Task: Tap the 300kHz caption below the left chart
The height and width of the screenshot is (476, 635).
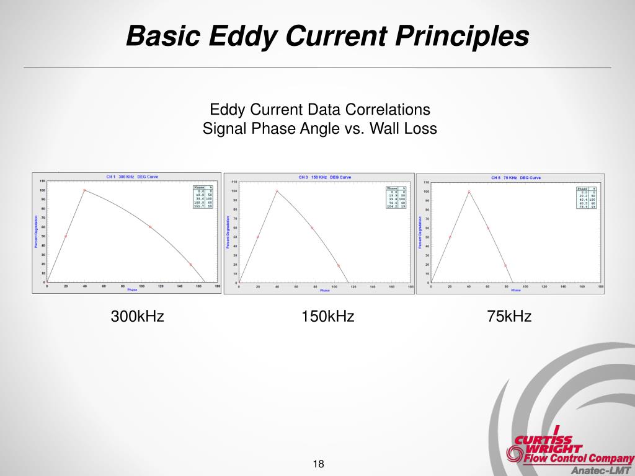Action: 137,317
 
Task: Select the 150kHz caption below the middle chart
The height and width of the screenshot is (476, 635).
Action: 327,317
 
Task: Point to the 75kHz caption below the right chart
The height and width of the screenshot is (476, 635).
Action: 509,317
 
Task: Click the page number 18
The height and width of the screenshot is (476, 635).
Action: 319,464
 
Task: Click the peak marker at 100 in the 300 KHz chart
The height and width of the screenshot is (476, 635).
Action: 84,190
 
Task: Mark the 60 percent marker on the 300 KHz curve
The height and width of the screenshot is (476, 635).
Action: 150,227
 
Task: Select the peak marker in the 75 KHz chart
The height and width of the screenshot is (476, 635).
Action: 469,192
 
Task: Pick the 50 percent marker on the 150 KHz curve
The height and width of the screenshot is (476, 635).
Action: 258,237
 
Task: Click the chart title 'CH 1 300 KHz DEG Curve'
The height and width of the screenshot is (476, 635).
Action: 132,177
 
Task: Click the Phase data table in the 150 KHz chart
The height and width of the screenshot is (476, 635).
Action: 395,196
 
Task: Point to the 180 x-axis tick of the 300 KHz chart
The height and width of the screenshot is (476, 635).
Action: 217,286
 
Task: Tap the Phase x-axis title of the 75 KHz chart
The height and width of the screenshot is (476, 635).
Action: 515,291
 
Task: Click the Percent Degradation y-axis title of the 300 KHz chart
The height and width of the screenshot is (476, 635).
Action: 36,231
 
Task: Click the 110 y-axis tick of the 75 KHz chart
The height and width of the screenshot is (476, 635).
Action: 426,182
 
